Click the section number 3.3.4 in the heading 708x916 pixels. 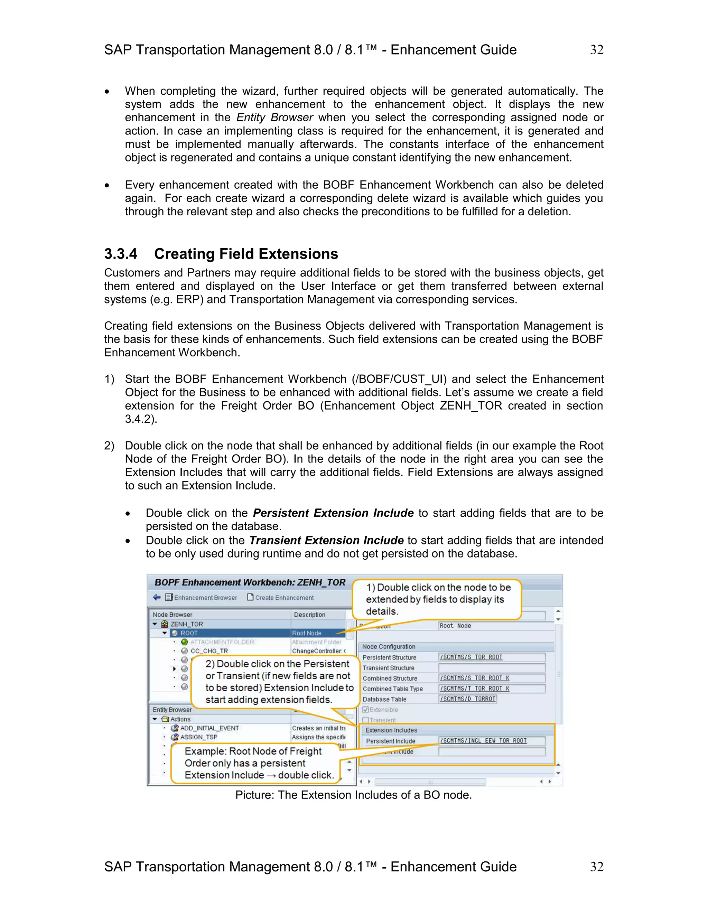[x=121, y=254]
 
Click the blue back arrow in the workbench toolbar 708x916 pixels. [x=157, y=597]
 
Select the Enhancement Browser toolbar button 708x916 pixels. [x=201, y=598]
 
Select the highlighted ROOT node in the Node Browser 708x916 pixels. [x=189, y=633]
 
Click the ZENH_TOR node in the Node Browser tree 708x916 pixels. [x=186, y=624]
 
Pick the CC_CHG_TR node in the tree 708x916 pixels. [x=209, y=651]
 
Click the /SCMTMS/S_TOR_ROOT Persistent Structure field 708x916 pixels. [x=492, y=657]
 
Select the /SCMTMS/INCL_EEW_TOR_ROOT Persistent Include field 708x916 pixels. [x=492, y=741]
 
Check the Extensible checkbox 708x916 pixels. [x=366, y=710]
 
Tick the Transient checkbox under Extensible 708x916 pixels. [x=366, y=720]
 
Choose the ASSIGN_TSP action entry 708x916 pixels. [x=199, y=737]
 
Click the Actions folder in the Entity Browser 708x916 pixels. [x=180, y=719]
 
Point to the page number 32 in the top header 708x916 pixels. [x=596, y=50]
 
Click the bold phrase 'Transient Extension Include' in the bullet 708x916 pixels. [x=326, y=540]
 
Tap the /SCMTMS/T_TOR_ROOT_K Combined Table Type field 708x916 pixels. [x=492, y=688]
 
